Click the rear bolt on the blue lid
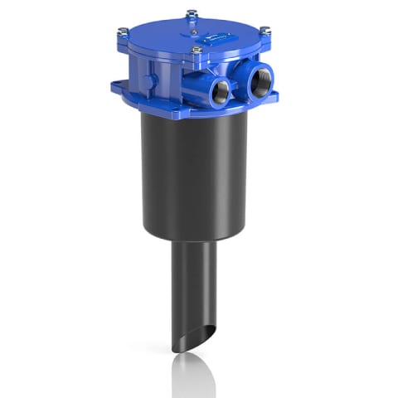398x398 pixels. (192, 13)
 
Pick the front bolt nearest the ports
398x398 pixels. (197, 51)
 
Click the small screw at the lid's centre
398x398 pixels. (192, 32)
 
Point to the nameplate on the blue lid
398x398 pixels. (218, 36)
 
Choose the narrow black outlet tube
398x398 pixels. (192, 282)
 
